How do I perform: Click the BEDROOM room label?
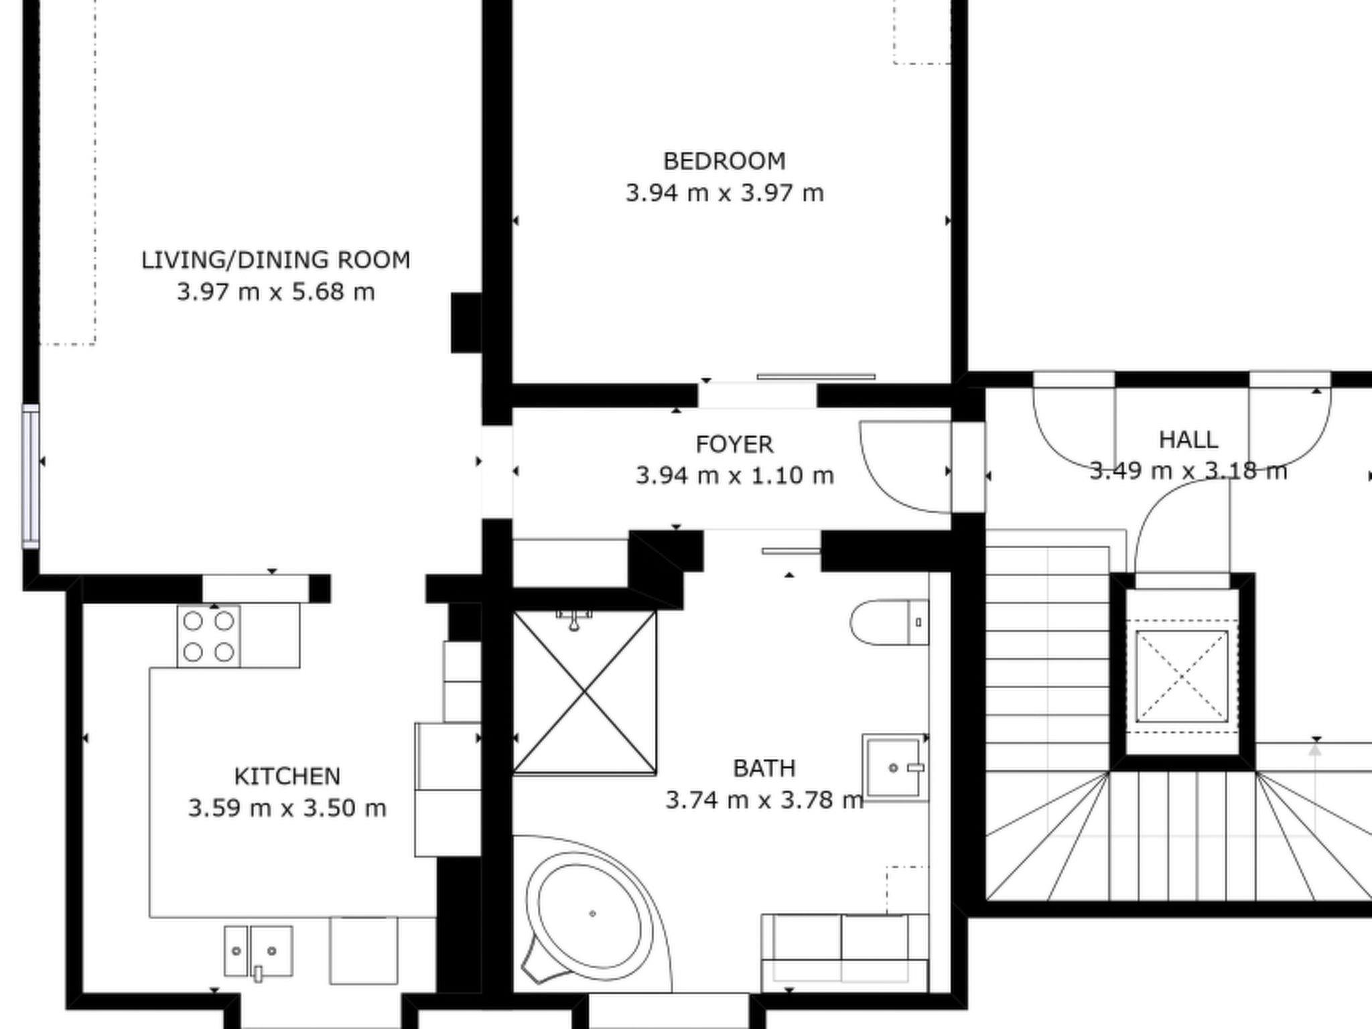[724, 161]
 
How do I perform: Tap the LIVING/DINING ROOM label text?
[275, 260]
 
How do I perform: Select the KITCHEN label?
[287, 776]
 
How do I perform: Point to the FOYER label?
[734, 444]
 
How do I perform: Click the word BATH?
[764, 768]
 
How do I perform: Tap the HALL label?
[1188, 440]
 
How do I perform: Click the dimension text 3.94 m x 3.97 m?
[724, 193]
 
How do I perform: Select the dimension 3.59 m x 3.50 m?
[287, 808]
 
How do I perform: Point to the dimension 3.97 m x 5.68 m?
[275, 292]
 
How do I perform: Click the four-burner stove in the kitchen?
[208, 636]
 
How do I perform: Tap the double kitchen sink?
[258, 951]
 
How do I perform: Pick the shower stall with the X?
[584, 692]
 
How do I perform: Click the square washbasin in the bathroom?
[895, 768]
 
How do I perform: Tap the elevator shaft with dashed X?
[1182, 676]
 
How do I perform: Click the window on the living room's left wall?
[31, 476]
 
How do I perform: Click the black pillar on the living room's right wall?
[466, 322]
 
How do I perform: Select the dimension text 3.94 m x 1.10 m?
[734, 476]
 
